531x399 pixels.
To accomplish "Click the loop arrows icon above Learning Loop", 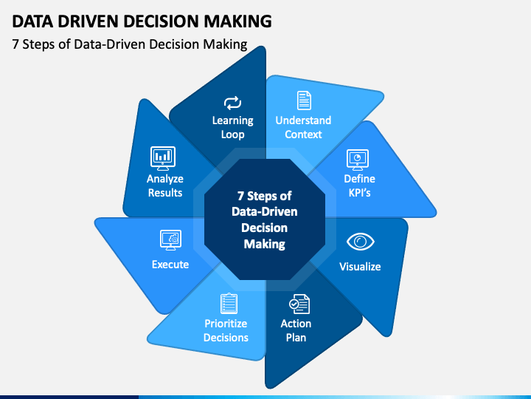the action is pyautogui.click(x=232, y=103).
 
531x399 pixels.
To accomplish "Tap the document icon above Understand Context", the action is pyautogui.click(x=304, y=100).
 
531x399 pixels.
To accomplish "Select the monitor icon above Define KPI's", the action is pyautogui.click(x=358, y=160).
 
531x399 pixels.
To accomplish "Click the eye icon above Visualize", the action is pyautogui.click(x=361, y=242).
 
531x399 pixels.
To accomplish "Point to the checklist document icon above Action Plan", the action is pyautogui.click(x=299, y=304).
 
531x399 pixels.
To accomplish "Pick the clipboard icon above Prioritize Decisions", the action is pyautogui.click(x=229, y=304).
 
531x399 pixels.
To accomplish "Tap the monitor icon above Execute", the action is pyautogui.click(x=170, y=240).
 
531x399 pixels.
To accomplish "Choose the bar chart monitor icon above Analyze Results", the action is pyautogui.click(x=163, y=158).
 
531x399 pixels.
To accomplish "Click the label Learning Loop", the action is pyautogui.click(x=232, y=127).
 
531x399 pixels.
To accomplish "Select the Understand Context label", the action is pyautogui.click(x=303, y=127).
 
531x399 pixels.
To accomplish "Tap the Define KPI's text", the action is pyautogui.click(x=360, y=185).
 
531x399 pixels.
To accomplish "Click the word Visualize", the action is pyautogui.click(x=360, y=267).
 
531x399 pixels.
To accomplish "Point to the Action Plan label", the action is pyautogui.click(x=296, y=330).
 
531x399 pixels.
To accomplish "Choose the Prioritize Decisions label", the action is pyautogui.click(x=226, y=330).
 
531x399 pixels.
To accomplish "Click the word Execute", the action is pyautogui.click(x=170, y=265).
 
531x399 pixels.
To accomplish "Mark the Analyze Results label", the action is pyautogui.click(x=165, y=185).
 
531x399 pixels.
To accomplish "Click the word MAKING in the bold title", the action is pyautogui.click(x=237, y=21).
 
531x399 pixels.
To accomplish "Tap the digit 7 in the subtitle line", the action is pyautogui.click(x=15, y=44).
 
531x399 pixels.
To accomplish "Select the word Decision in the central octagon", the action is pyautogui.click(x=265, y=228).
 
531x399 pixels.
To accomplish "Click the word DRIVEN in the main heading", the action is pyautogui.click(x=88, y=21).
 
